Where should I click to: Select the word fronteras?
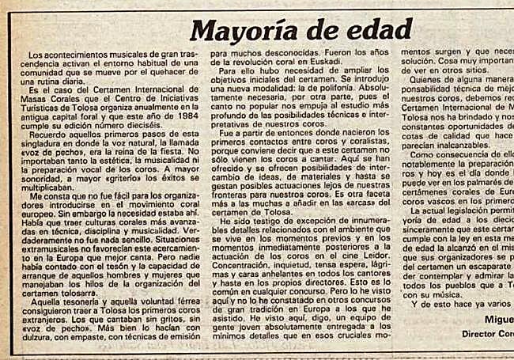(x=234, y=195)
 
